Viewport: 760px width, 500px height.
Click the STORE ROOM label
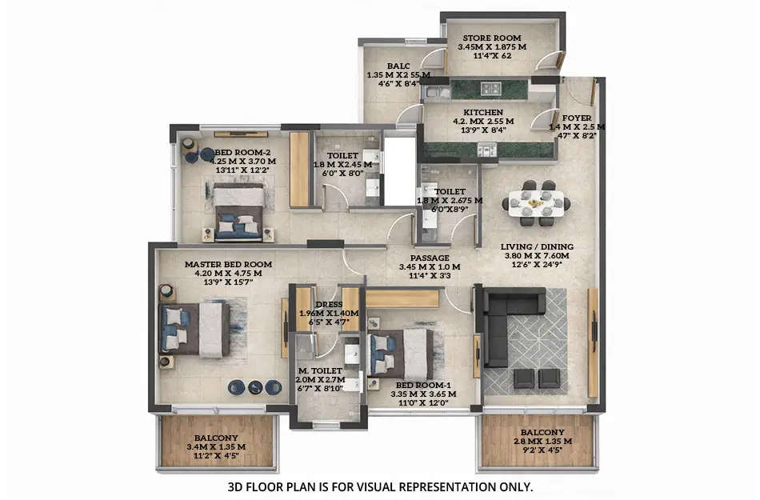(x=491, y=38)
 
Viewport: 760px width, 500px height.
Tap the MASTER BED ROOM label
(x=228, y=264)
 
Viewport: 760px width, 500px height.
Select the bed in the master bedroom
(x=196, y=329)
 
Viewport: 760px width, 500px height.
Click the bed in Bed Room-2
(x=238, y=212)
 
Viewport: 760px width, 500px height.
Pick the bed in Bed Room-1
(x=400, y=354)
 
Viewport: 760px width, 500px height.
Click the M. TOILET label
(x=320, y=371)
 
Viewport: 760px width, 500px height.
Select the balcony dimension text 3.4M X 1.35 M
(x=216, y=446)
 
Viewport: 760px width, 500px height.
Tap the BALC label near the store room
(x=398, y=66)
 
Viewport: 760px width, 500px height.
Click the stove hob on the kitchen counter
(x=490, y=88)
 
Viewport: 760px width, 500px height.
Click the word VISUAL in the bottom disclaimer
(x=390, y=486)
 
